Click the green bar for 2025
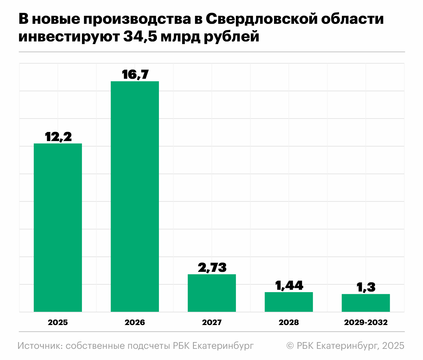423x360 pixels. pos(58,227)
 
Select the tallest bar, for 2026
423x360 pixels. pos(135,196)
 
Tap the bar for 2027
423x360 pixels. pos(212,293)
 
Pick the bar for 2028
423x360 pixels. pos(289,302)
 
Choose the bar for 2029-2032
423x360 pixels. pos(366,303)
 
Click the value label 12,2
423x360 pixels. pos(58,137)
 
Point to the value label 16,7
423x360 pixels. pos(135,75)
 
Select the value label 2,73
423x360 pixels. pos(212,268)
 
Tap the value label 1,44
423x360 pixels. pos(289,286)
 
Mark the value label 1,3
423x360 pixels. pos(366,287)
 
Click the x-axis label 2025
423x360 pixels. pos(58,322)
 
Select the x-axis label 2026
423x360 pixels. pos(135,322)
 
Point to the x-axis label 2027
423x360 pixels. pos(212,322)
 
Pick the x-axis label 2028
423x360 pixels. pos(289,322)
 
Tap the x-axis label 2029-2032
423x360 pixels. pos(366,322)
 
